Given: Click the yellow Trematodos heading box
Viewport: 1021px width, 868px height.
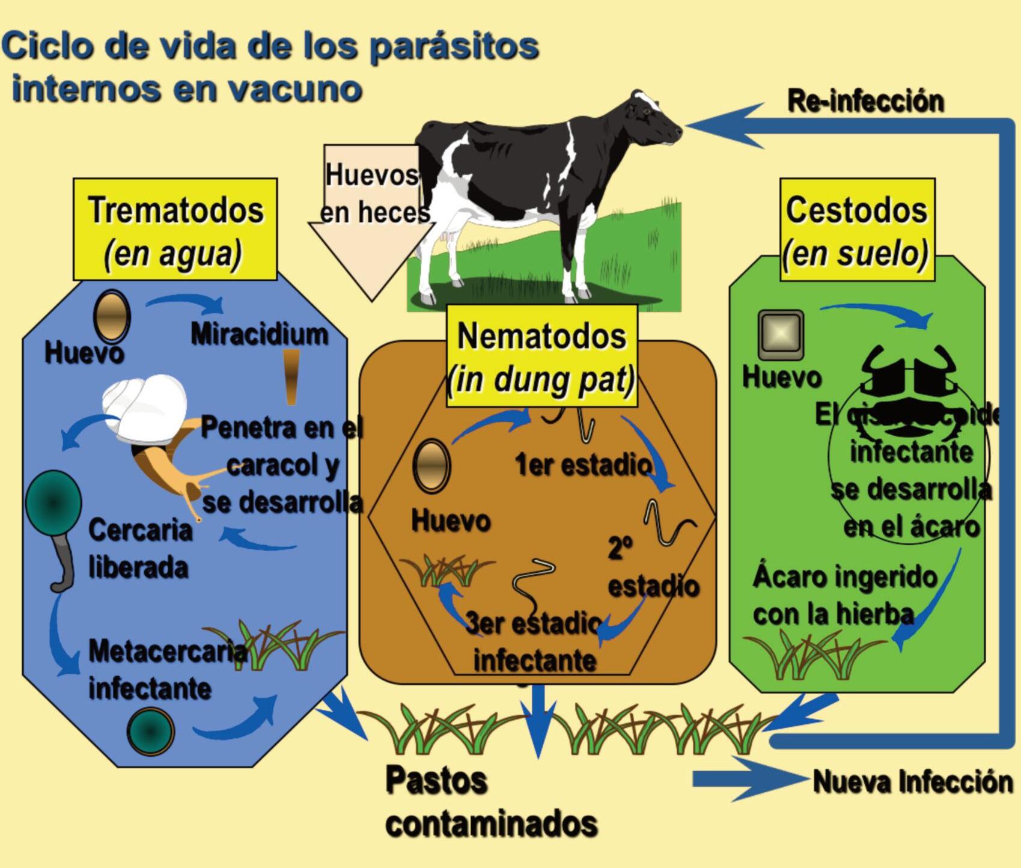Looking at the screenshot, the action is pos(175,229).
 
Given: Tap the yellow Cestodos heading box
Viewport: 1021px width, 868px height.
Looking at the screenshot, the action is pos(857,229).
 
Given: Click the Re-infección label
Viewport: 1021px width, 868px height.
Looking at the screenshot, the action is pos(865,101).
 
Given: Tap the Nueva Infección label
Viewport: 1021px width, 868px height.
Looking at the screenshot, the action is pos(912,782).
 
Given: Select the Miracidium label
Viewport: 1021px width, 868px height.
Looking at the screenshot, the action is pos(260,334).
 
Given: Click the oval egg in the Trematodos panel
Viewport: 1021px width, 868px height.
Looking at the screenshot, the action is pos(112,316).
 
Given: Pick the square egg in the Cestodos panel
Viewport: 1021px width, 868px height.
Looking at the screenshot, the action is pos(781,333).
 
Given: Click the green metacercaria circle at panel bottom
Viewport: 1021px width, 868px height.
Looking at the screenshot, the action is pos(151,731).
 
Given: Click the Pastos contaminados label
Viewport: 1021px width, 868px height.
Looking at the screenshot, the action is pos(491,802).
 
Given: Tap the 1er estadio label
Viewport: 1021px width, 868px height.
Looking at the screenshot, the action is pos(583,465).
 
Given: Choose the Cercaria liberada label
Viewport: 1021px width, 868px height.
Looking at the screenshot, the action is pos(139,548).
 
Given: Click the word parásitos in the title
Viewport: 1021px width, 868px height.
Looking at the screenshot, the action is pos(454,46).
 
